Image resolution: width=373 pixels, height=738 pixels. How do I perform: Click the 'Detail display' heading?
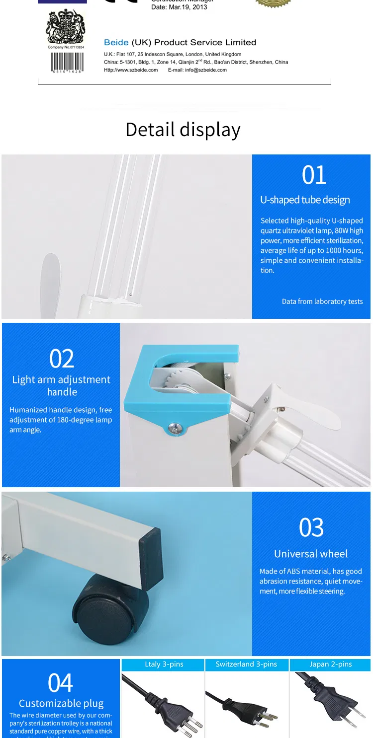pyautogui.click(x=183, y=130)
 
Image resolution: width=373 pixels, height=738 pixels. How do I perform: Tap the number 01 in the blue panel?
pyautogui.click(x=314, y=175)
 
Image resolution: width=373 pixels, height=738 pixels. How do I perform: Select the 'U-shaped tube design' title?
pyautogui.click(x=305, y=200)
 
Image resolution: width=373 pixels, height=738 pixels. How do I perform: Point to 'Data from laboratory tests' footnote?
pyautogui.click(x=322, y=301)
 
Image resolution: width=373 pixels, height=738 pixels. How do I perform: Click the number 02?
pyautogui.click(x=62, y=359)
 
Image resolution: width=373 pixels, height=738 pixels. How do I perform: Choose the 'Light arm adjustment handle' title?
pyautogui.click(x=61, y=386)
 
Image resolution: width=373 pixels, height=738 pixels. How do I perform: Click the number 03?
pyautogui.click(x=311, y=528)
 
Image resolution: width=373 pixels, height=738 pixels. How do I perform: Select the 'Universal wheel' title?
pyautogui.click(x=311, y=554)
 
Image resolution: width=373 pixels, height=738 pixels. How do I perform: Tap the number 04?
pyautogui.click(x=61, y=683)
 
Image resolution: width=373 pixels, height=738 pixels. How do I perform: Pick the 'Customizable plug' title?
pyautogui.click(x=61, y=704)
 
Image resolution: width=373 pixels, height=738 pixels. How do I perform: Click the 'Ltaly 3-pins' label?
pyautogui.click(x=164, y=664)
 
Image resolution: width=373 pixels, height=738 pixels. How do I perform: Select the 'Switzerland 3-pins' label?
pyautogui.click(x=246, y=664)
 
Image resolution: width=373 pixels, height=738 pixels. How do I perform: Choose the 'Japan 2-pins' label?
pyautogui.click(x=330, y=664)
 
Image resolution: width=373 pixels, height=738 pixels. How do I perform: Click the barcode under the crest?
pyautogui.click(x=67, y=62)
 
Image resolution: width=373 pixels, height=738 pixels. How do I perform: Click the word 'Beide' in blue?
pyautogui.click(x=116, y=43)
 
